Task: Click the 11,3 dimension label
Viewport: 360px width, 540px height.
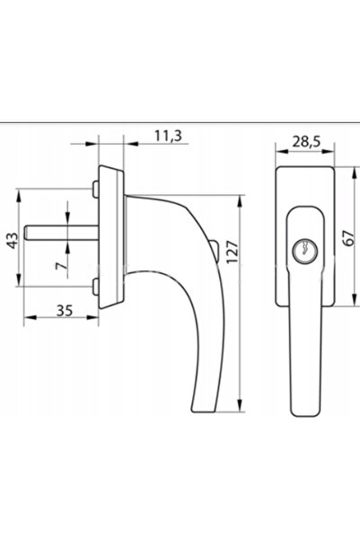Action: (168, 137)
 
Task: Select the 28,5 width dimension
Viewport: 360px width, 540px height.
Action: (306, 142)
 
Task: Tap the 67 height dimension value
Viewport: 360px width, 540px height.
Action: (349, 237)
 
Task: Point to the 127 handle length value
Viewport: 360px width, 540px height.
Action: (233, 252)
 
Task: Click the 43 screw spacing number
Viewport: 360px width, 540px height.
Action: (13, 241)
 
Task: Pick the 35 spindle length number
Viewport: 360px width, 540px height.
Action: (65, 311)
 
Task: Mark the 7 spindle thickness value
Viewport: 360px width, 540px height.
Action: (60, 266)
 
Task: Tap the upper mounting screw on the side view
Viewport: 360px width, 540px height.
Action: (95, 189)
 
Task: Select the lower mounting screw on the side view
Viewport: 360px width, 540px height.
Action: (95, 287)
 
